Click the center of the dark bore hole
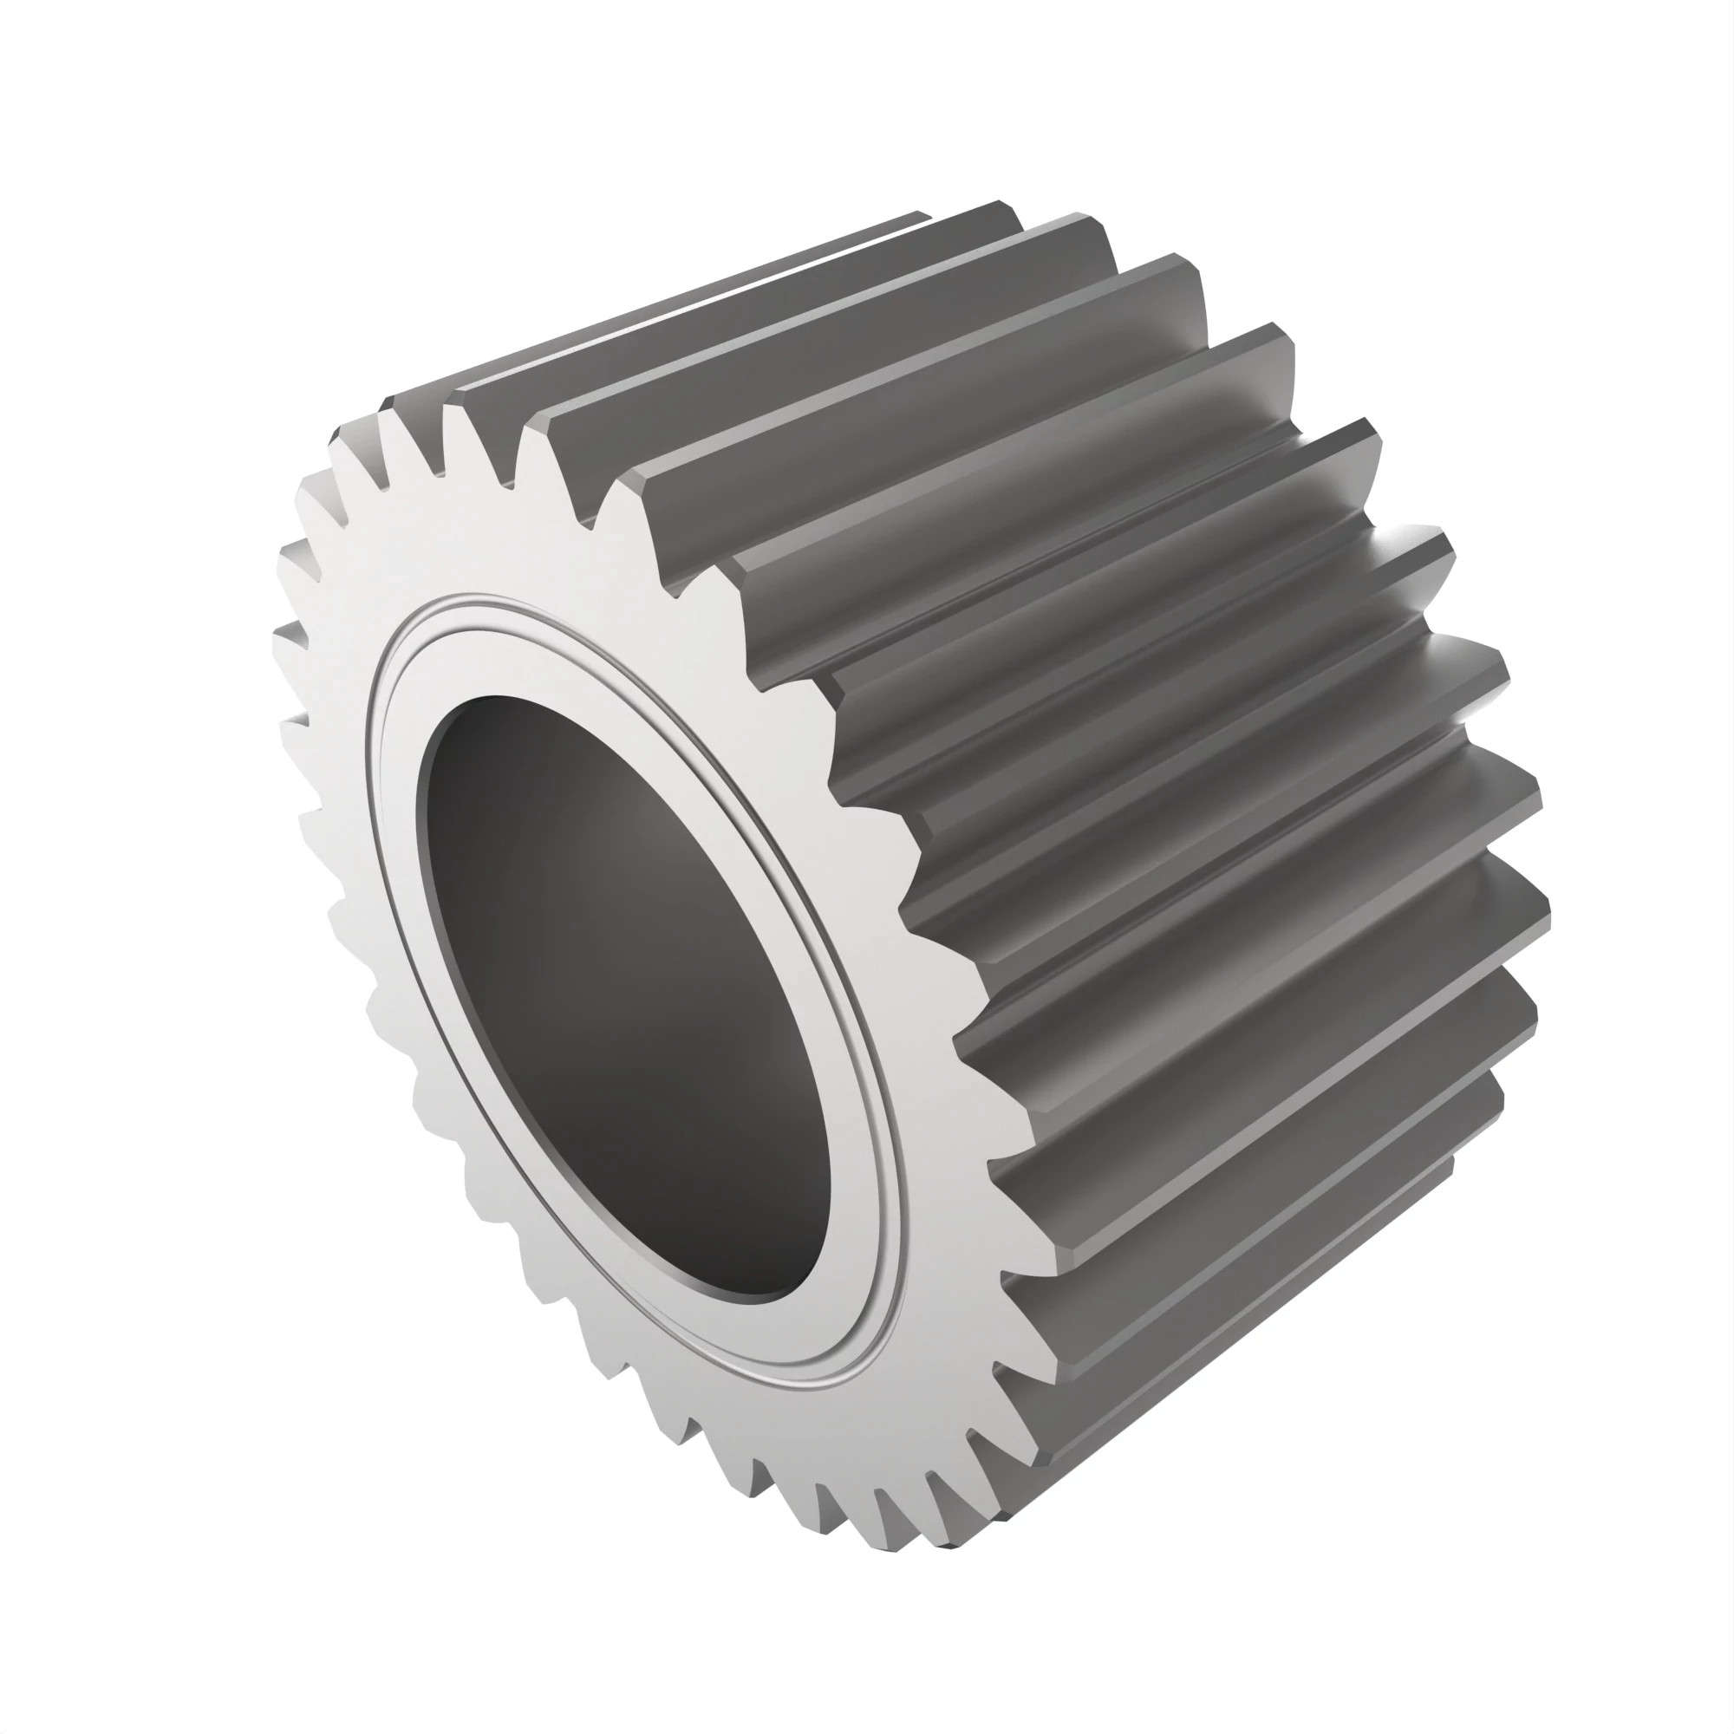tap(629, 996)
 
